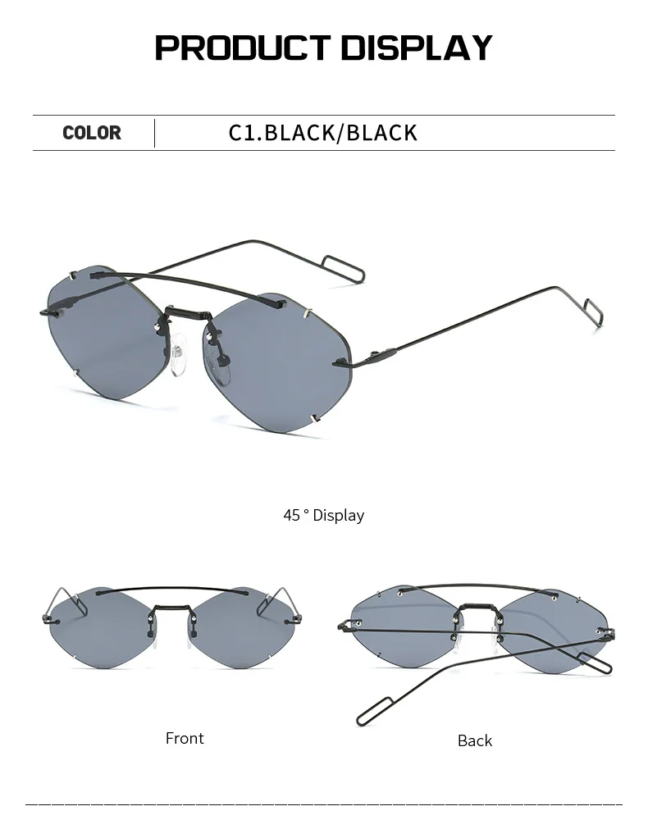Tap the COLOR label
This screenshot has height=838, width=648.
91,133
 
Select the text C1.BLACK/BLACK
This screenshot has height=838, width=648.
322,133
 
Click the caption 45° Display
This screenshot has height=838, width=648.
323,516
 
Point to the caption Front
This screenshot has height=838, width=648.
185,738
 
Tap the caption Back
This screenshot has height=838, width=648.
475,740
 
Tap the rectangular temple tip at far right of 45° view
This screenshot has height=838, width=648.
592,311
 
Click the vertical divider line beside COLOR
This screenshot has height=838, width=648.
154,133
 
